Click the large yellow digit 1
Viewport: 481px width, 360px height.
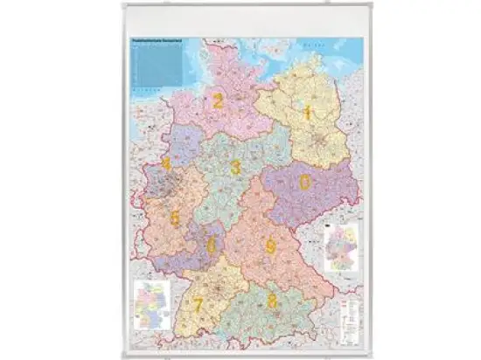point(307,113)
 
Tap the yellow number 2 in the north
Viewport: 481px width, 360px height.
point(218,101)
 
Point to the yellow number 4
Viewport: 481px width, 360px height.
point(166,163)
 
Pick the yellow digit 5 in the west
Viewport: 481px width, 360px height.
point(175,218)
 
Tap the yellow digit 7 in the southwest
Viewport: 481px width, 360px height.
point(199,305)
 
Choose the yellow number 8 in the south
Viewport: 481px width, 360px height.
point(272,300)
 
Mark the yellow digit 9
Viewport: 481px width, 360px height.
point(271,247)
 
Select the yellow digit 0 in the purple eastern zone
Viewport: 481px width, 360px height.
point(304,182)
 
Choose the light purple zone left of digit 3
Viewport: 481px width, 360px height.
point(186,144)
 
